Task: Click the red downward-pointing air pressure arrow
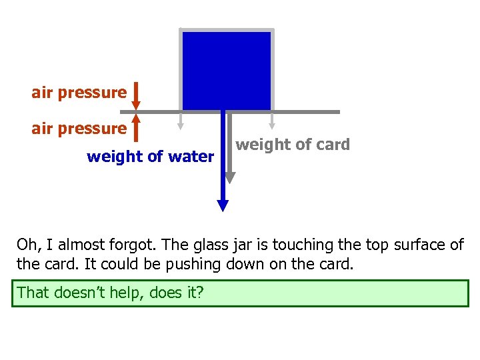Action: [136, 96]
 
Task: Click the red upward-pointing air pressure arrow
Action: [136, 127]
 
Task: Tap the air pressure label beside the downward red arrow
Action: [79, 93]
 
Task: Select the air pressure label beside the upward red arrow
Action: [79, 128]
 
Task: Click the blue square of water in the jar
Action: [227, 70]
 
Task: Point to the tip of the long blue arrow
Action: [223, 207]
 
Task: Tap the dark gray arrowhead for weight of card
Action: [230, 177]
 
